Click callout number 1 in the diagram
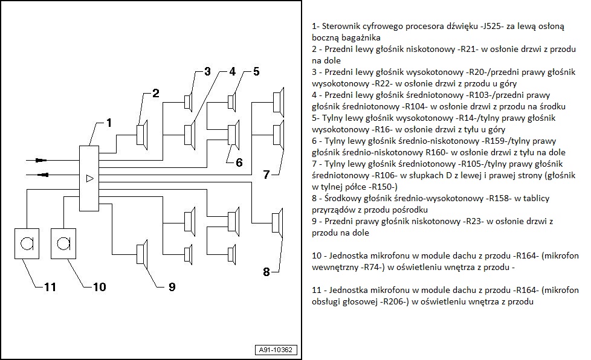tap(109, 123)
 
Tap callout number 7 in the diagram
tap(266, 175)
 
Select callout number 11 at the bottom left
tap(50, 287)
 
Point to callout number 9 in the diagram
tap(172, 287)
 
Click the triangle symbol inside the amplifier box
tap(89, 179)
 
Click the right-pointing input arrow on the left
tap(41, 161)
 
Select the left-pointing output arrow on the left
tap(44, 175)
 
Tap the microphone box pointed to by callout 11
tap(27, 243)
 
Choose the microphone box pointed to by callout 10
tap(63, 243)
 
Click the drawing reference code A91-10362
tap(276, 350)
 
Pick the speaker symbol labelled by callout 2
tap(142, 135)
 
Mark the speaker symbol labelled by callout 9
tap(142, 253)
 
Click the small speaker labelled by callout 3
tap(188, 102)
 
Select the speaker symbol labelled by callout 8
tap(277, 223)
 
